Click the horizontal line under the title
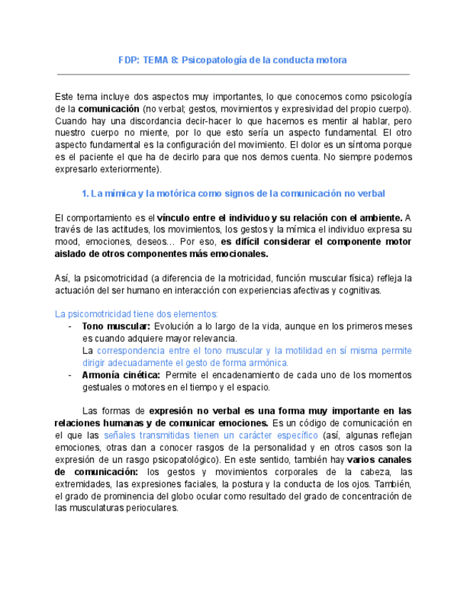click(x=232, y=74)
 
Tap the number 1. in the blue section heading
click(x=85, y=194)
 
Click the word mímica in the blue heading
click(x=120, y=194)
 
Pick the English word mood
click(x=66, y=241)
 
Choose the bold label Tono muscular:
click(x=111, y=326)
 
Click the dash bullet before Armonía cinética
click(x=69, y=375)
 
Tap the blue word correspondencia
click(x=134, y=350)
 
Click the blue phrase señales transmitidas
click(x=146, y=435)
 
